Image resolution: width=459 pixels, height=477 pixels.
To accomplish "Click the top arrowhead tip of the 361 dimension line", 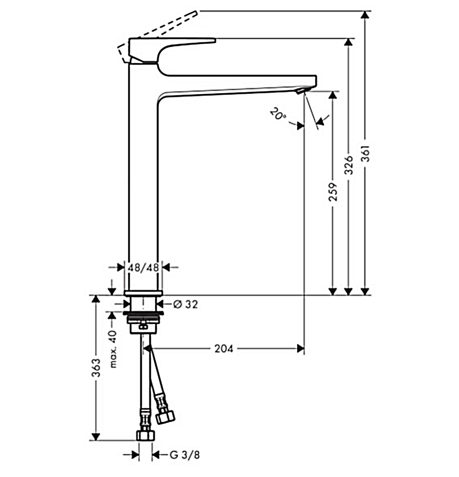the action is [365, 11].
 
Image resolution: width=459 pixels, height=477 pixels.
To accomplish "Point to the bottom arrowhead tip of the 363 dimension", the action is [96, 440].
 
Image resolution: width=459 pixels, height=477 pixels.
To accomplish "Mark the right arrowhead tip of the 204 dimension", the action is [304, 348].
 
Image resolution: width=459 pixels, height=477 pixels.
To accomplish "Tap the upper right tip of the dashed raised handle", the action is [198, 11].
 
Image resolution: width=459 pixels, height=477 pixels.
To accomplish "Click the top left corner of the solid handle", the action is [129, 39].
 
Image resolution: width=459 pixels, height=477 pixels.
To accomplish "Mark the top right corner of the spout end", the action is [317, 76].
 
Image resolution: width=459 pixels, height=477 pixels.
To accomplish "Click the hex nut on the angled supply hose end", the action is [165, 416].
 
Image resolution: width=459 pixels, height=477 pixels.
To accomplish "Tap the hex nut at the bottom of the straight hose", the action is [146, 436].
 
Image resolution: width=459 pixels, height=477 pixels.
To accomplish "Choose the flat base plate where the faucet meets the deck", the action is [143, 293].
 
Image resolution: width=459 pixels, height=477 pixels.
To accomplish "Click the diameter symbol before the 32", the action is [178, 304].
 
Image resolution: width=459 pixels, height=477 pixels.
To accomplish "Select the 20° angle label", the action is [278, 114].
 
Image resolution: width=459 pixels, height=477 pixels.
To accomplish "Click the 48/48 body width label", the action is [143, 268].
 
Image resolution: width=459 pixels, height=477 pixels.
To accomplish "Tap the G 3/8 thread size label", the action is [185, 455].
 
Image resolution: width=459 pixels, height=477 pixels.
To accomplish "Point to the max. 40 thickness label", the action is [113, 349].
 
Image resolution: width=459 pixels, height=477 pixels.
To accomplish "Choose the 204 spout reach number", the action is [224, 348].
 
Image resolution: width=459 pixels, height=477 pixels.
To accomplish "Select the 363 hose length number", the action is [96, 368].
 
